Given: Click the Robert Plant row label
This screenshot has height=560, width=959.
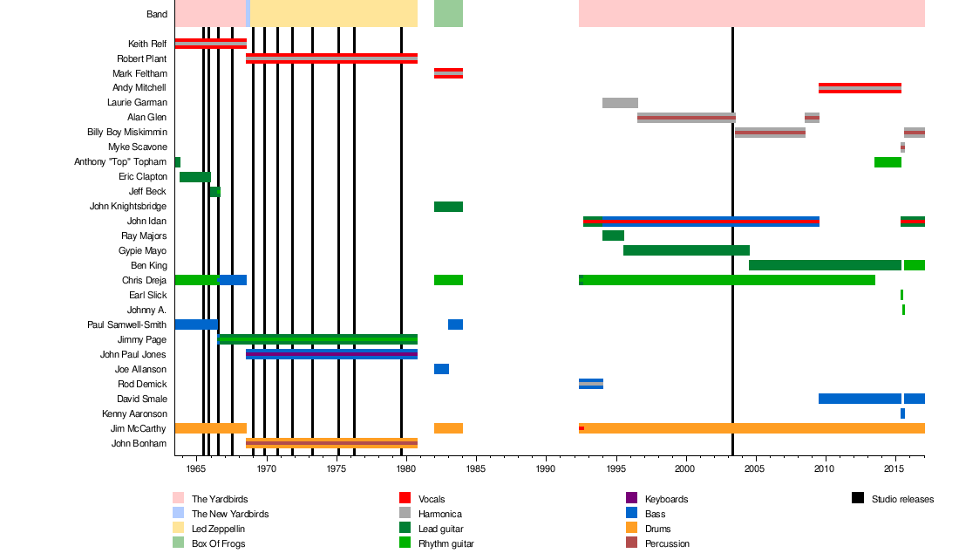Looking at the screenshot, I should click(142, 58).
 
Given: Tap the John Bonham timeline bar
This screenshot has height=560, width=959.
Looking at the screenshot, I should click(331, 443).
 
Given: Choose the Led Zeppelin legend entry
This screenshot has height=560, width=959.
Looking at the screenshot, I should click(218, 529).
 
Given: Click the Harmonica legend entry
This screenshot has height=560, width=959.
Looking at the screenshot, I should click(439, 514).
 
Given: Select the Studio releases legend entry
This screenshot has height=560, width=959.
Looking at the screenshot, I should click(902, 499).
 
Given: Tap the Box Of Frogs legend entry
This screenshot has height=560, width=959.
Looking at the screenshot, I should click(218, 543).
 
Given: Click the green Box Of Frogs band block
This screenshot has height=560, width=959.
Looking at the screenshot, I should click(448, 13).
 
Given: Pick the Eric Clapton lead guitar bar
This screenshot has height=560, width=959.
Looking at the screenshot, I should click(194, 177).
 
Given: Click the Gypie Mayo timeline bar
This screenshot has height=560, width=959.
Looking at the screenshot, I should click(686, 250).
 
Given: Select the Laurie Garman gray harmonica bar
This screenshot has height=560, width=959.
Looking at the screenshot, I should click(620, 103).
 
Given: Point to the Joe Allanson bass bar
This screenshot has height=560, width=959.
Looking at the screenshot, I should click(441, 369).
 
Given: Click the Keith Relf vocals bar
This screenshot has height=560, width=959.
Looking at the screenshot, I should click(210, 44).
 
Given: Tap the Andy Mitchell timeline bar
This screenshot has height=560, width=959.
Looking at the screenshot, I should click(860, 88).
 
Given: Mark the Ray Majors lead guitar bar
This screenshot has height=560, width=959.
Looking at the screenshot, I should click(613, 236).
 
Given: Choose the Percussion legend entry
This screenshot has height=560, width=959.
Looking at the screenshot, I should click(667, 543).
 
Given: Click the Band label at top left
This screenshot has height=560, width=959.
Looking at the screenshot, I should click(157, 14).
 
